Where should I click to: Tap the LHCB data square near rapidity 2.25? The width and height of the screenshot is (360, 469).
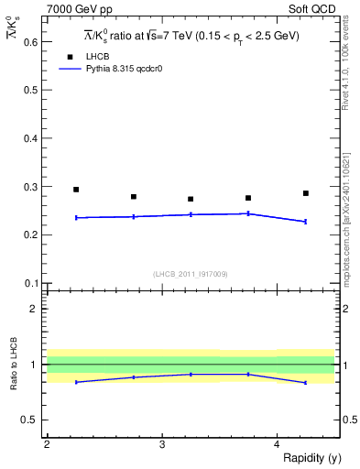point(76,190)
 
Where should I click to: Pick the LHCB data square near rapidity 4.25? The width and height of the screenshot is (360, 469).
point(306,193)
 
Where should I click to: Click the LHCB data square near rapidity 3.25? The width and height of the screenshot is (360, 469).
point(191,199)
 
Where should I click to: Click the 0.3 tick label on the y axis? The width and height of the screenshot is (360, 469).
point(27,187)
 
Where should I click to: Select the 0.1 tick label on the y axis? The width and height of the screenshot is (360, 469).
point(27,283)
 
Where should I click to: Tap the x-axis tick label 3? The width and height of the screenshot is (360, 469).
point(161,443)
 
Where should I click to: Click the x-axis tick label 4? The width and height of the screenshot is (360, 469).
point(277,443)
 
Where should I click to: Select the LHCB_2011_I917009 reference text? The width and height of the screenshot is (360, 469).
point(191,274)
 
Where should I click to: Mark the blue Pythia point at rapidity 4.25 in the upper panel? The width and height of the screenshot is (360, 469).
point(306,222)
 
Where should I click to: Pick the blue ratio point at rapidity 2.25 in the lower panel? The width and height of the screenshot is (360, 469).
point(76,382)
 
